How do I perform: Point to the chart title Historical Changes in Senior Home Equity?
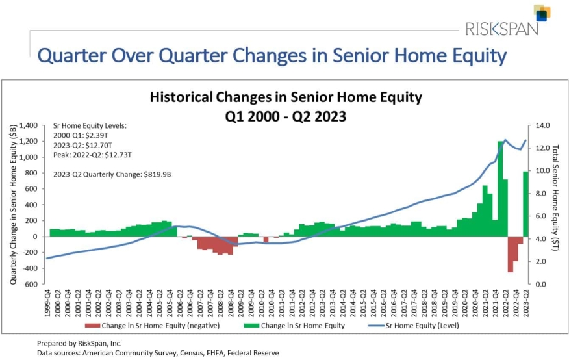tap(286, 97)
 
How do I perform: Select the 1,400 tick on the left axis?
tap(31, 125)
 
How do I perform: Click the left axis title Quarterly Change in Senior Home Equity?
tap(13, 205)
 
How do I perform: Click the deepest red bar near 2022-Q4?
tap(511, 254)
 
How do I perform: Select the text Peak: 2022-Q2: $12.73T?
tap(92, 155)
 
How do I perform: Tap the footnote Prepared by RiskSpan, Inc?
tap(80, 342)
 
